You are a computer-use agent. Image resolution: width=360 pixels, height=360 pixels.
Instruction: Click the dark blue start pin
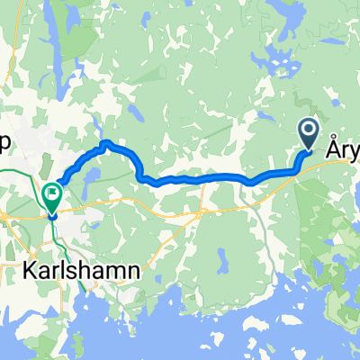tap(308, 136)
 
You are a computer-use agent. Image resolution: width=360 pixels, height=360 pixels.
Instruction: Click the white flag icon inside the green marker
tap(52, 191)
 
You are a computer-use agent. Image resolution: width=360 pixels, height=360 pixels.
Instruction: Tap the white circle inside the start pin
tap(308, 131)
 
